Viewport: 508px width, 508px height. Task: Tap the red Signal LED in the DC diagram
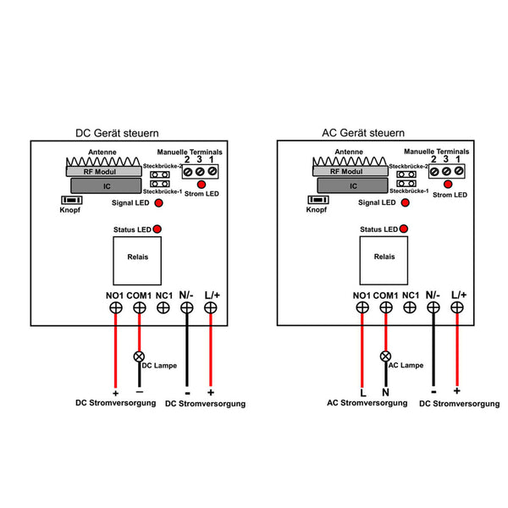(159, 203)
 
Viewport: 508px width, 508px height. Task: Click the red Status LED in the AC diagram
(404, 229)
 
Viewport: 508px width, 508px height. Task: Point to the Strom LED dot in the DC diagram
(202, 185)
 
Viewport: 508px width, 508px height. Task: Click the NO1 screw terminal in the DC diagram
(116, 307)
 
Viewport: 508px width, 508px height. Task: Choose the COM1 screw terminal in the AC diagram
(386, 307)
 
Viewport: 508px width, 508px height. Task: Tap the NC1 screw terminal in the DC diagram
(163, 307)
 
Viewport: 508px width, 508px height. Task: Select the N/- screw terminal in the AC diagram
(433, 307)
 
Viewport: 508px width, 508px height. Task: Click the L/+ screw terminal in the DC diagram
(211, 307)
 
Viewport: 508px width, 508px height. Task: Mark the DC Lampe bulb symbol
(139, 356)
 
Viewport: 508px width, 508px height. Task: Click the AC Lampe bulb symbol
(385, 356)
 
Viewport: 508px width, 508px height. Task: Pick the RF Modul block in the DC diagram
(104, 171)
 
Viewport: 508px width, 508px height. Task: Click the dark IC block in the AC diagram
(352, 185)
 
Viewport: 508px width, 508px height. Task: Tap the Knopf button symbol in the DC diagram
(72, 200)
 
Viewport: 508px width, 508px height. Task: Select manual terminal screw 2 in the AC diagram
(434, 172)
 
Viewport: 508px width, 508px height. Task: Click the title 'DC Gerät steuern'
(117, 133)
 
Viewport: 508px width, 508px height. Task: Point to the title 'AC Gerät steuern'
(363, 133)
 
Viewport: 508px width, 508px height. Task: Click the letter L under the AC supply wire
(363, 393)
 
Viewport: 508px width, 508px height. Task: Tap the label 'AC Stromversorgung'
(367, 403)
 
